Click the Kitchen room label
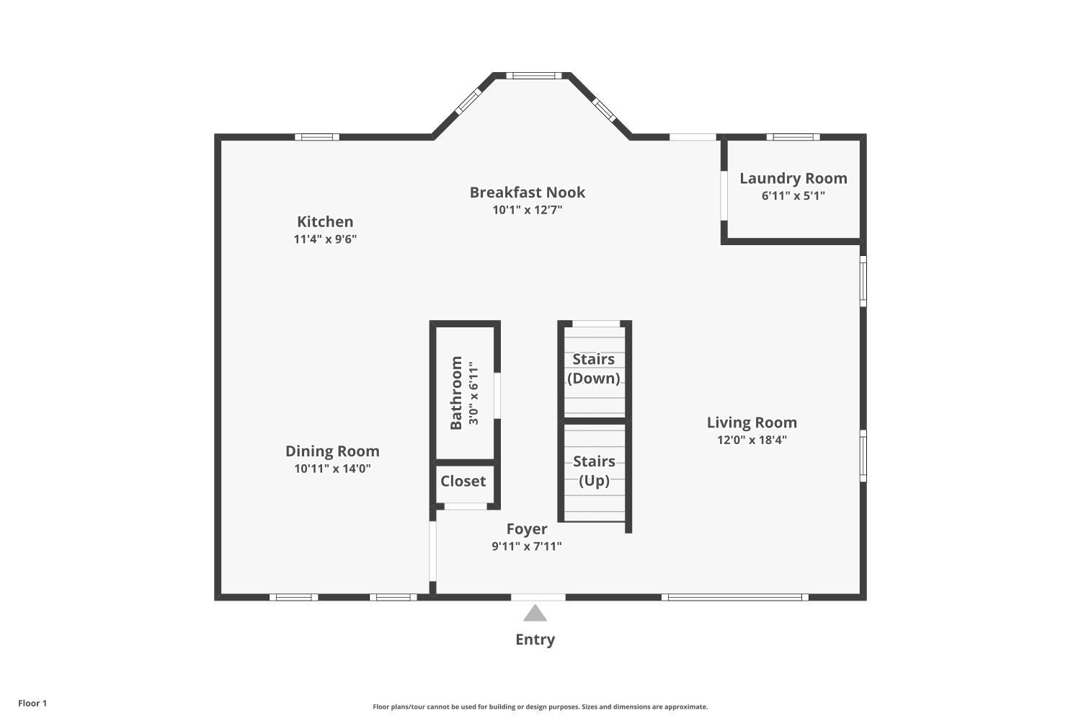[x=325, y=221]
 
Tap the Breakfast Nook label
[x=528, y=193]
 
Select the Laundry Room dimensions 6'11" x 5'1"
[x=793, y=196]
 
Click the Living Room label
[x=752, y=423]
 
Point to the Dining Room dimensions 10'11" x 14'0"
[x=332, y=469]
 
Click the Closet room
[x=463, y=482]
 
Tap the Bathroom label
[x=456, y=393]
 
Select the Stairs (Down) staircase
[x=594, y=368]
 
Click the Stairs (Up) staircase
[x=594, y=471]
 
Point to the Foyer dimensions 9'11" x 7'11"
[x=527, y=547]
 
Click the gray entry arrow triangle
[x=535, y=614]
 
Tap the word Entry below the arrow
[x=535, y=640]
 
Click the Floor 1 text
[x=32, y=703]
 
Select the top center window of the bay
[x=533, y=75]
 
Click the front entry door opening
[x=538, y=597]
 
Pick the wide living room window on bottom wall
[x=734, y=597]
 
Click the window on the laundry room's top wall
[x=793, y=137]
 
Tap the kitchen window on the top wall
[x=316, y=137]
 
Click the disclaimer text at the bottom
[x=540, y=707]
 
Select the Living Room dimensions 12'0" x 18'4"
[x=752, y=441]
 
